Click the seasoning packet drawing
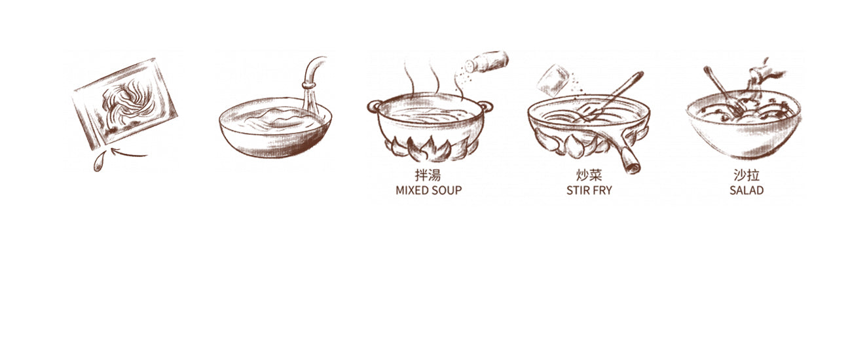(124, 103)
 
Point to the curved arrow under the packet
(129, 153)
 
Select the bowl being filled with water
(275, 128)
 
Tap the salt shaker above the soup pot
(487, 62)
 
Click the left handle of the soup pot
(373, 107)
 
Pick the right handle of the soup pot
(487, 106)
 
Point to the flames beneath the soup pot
(428, 149)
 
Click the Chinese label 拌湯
(428, 175)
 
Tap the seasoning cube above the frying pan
(554, 81)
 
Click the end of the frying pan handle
(632, 167)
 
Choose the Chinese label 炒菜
(589, 175)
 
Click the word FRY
(602, 190)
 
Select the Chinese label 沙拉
(747, 175)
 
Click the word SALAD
(747, 190)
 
